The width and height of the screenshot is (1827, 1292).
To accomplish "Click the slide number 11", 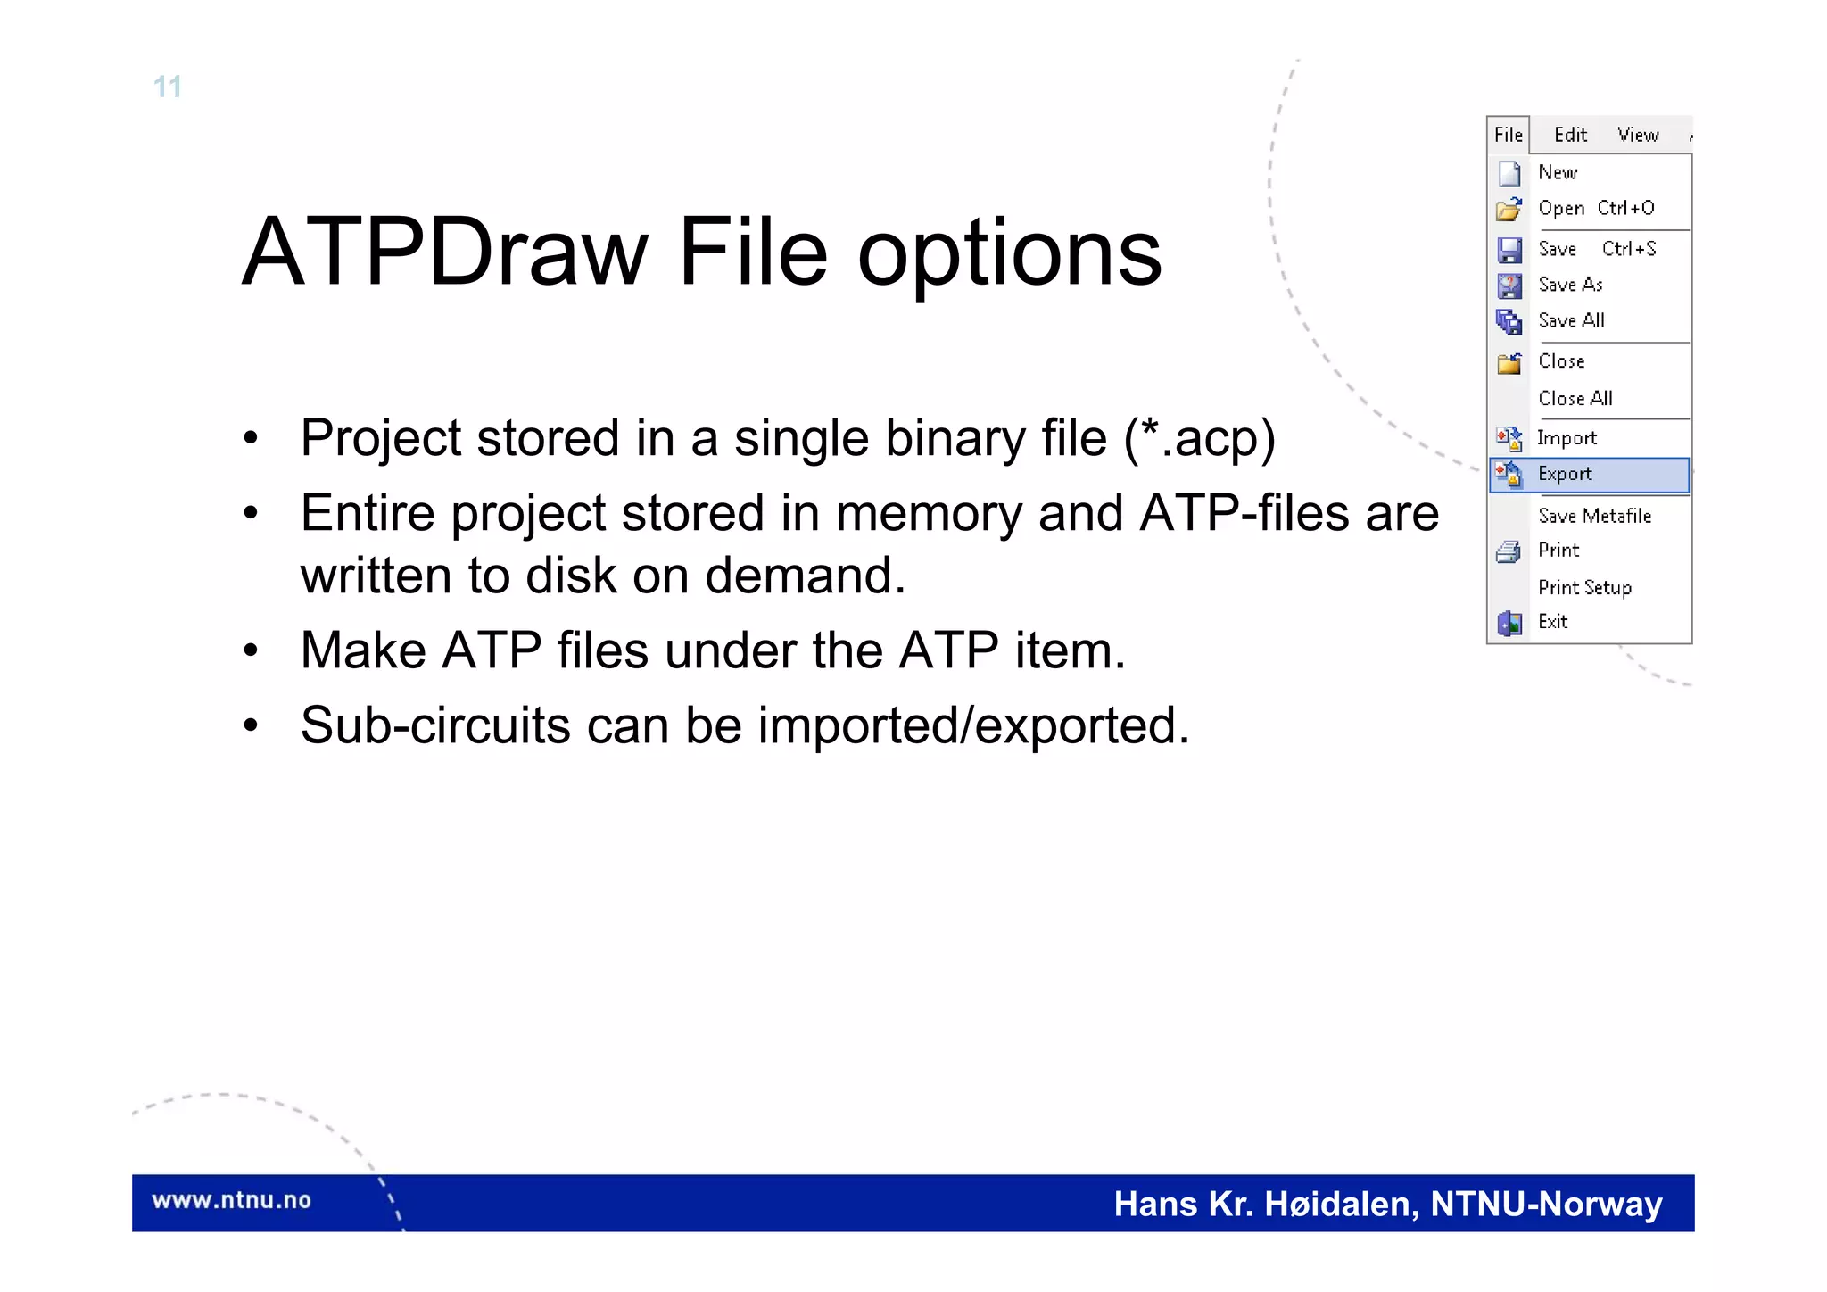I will pyautogui.click(x=168, y=87).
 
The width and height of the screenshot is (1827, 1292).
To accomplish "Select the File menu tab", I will pyautogui.click(x=1508, y=135).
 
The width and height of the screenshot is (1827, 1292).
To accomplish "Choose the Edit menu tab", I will pyautogui.click(x=1570, y=135).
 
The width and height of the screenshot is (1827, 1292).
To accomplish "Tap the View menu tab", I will pyautogui.click(x=1638, y=135).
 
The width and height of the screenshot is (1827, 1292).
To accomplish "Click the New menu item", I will pyautogui.click(x=1558, y=172).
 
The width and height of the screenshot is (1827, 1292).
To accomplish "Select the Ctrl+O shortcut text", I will pyautogui.click(x=1625, y=208).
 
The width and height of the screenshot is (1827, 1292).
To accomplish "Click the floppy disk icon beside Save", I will pyautogui.click(x=1509, y=250).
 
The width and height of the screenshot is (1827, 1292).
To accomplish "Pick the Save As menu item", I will pyautogui.click(x=1570, y=285).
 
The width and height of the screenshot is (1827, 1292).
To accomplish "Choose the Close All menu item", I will pyautogui.click(x=1575, y=399).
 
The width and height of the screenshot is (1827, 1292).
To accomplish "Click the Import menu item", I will pyautogui.click(x=1567, y=438).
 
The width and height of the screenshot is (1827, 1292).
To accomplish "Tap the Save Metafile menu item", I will pyautogui.click(x=1594, y=516).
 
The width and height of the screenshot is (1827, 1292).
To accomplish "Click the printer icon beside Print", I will pyautogui.click(x=1509, y=552).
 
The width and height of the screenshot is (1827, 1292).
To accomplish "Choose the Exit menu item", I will pyautogui.click(x=1552, y=622).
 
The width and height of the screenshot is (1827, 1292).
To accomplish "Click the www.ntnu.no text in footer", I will pyautogui.click(x=231, y=1200).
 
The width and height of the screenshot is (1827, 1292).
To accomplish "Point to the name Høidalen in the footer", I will pyautogui.click(x=1342, y=1205).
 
